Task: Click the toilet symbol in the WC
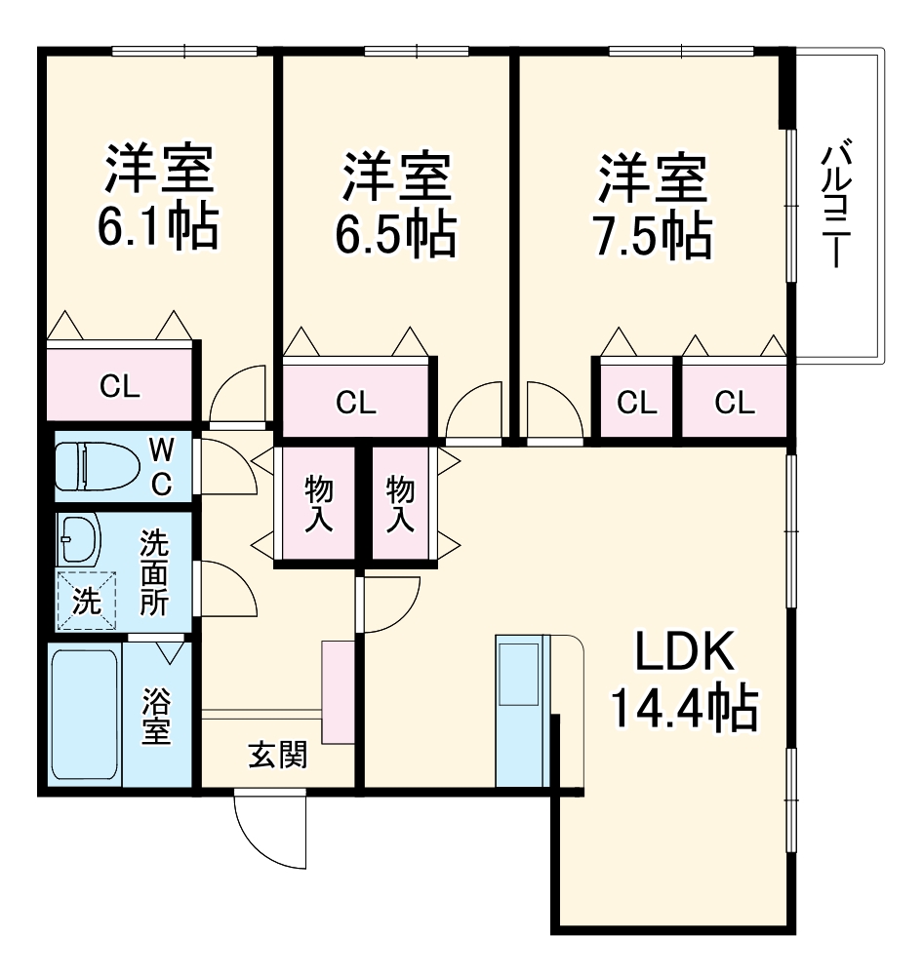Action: point(95,466)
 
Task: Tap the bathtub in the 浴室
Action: point(85,715)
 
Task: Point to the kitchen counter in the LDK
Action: point(523,710)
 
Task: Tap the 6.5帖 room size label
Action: point(395,234)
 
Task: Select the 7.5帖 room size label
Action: point(652,234)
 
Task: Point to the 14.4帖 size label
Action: point(684,709)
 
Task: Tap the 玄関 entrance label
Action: point(278,754)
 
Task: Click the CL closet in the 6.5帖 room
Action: point(355,401)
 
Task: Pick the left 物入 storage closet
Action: point(316,503)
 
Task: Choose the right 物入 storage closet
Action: point(400,503)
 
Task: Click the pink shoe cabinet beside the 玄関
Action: point(338,690)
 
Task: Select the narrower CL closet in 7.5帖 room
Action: point(635,401)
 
